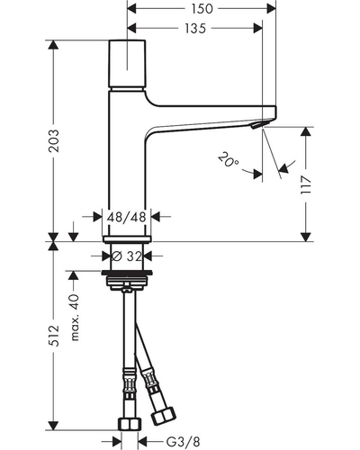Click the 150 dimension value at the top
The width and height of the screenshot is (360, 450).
click(202, 9)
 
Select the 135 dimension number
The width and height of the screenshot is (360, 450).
click(195, 29)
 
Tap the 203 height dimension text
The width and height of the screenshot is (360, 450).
click(54, 140)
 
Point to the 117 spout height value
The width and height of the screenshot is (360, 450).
click(306, 185)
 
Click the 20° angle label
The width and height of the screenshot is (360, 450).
click(229, 160)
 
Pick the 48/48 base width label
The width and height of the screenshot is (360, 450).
click(126, 217)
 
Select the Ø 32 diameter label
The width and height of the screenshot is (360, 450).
click(126, 256)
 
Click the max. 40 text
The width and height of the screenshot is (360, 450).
click(75, 318)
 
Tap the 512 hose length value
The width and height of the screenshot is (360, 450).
click(54, 335)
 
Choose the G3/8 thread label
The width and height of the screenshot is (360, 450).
click(183, 442)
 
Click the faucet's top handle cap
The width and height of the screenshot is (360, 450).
click(128, 64)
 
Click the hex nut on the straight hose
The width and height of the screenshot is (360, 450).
click(130, 424)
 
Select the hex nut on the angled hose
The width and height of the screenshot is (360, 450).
click(164, 416)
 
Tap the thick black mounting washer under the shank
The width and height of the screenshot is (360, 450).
click(127, 273)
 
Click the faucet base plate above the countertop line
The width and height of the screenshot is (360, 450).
click(127, 238)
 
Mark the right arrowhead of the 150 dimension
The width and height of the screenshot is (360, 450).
click(271, 9)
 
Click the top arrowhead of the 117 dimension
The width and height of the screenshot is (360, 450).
click(306, 131)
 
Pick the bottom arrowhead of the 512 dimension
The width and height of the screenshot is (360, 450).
click(54, 426)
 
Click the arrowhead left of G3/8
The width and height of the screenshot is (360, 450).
click(117, 442)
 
